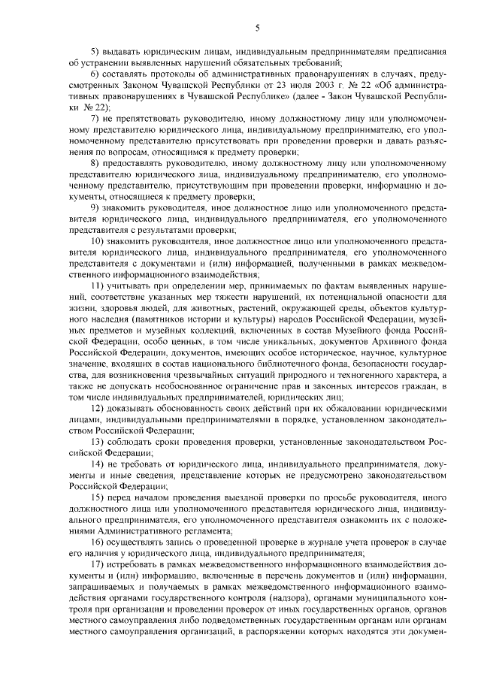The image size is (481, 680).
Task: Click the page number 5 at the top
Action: pos(257,28)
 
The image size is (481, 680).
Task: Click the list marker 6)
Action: pos(95,77)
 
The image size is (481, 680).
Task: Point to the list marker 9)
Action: pos(95,207)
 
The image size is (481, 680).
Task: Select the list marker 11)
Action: pos(97,286)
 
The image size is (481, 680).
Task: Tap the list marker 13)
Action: pos(97,442)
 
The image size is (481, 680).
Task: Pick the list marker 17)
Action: pos(97,564)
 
